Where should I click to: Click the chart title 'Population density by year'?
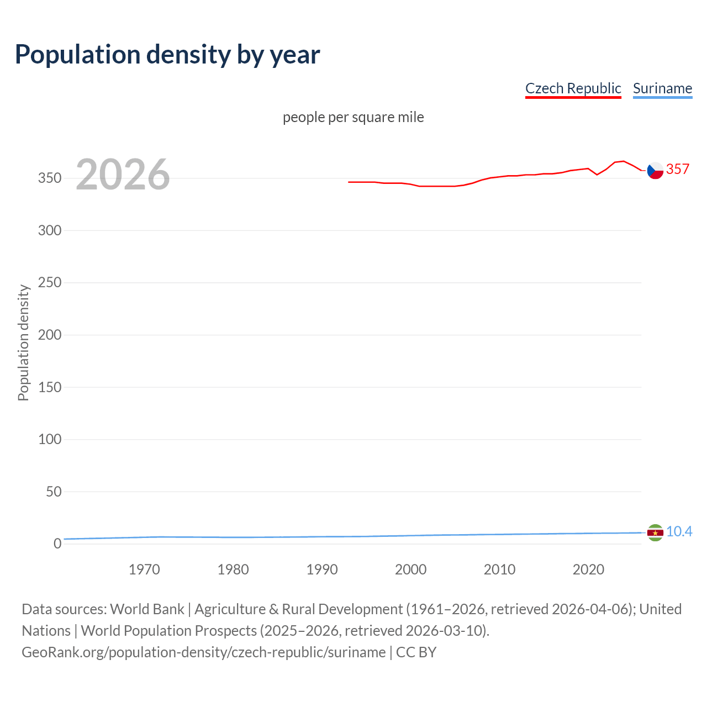click(167, 55)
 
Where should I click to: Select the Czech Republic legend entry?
click(573, 88)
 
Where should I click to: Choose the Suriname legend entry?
click(662, 88)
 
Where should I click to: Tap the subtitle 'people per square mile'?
click(353, 117)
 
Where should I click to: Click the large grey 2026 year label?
click(123, 175)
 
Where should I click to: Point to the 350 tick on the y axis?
click(49, 178)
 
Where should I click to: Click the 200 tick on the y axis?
click(49, 335)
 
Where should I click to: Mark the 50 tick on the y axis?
click(53, 492)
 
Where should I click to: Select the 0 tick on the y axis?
click(57, 544)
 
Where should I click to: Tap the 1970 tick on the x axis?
click(144, 569)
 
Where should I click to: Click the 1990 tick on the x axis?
click(322, 569)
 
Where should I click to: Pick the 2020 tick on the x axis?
click(588, 569)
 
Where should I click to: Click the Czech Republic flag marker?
click(655, 171)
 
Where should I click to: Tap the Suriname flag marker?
click(655, 532)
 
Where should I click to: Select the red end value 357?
click(677, 169)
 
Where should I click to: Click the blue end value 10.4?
click(679, 531)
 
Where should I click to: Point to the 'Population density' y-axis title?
click(23, 342)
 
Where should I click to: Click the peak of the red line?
click(623, 161)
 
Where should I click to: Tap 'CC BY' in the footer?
click(416, 652)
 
